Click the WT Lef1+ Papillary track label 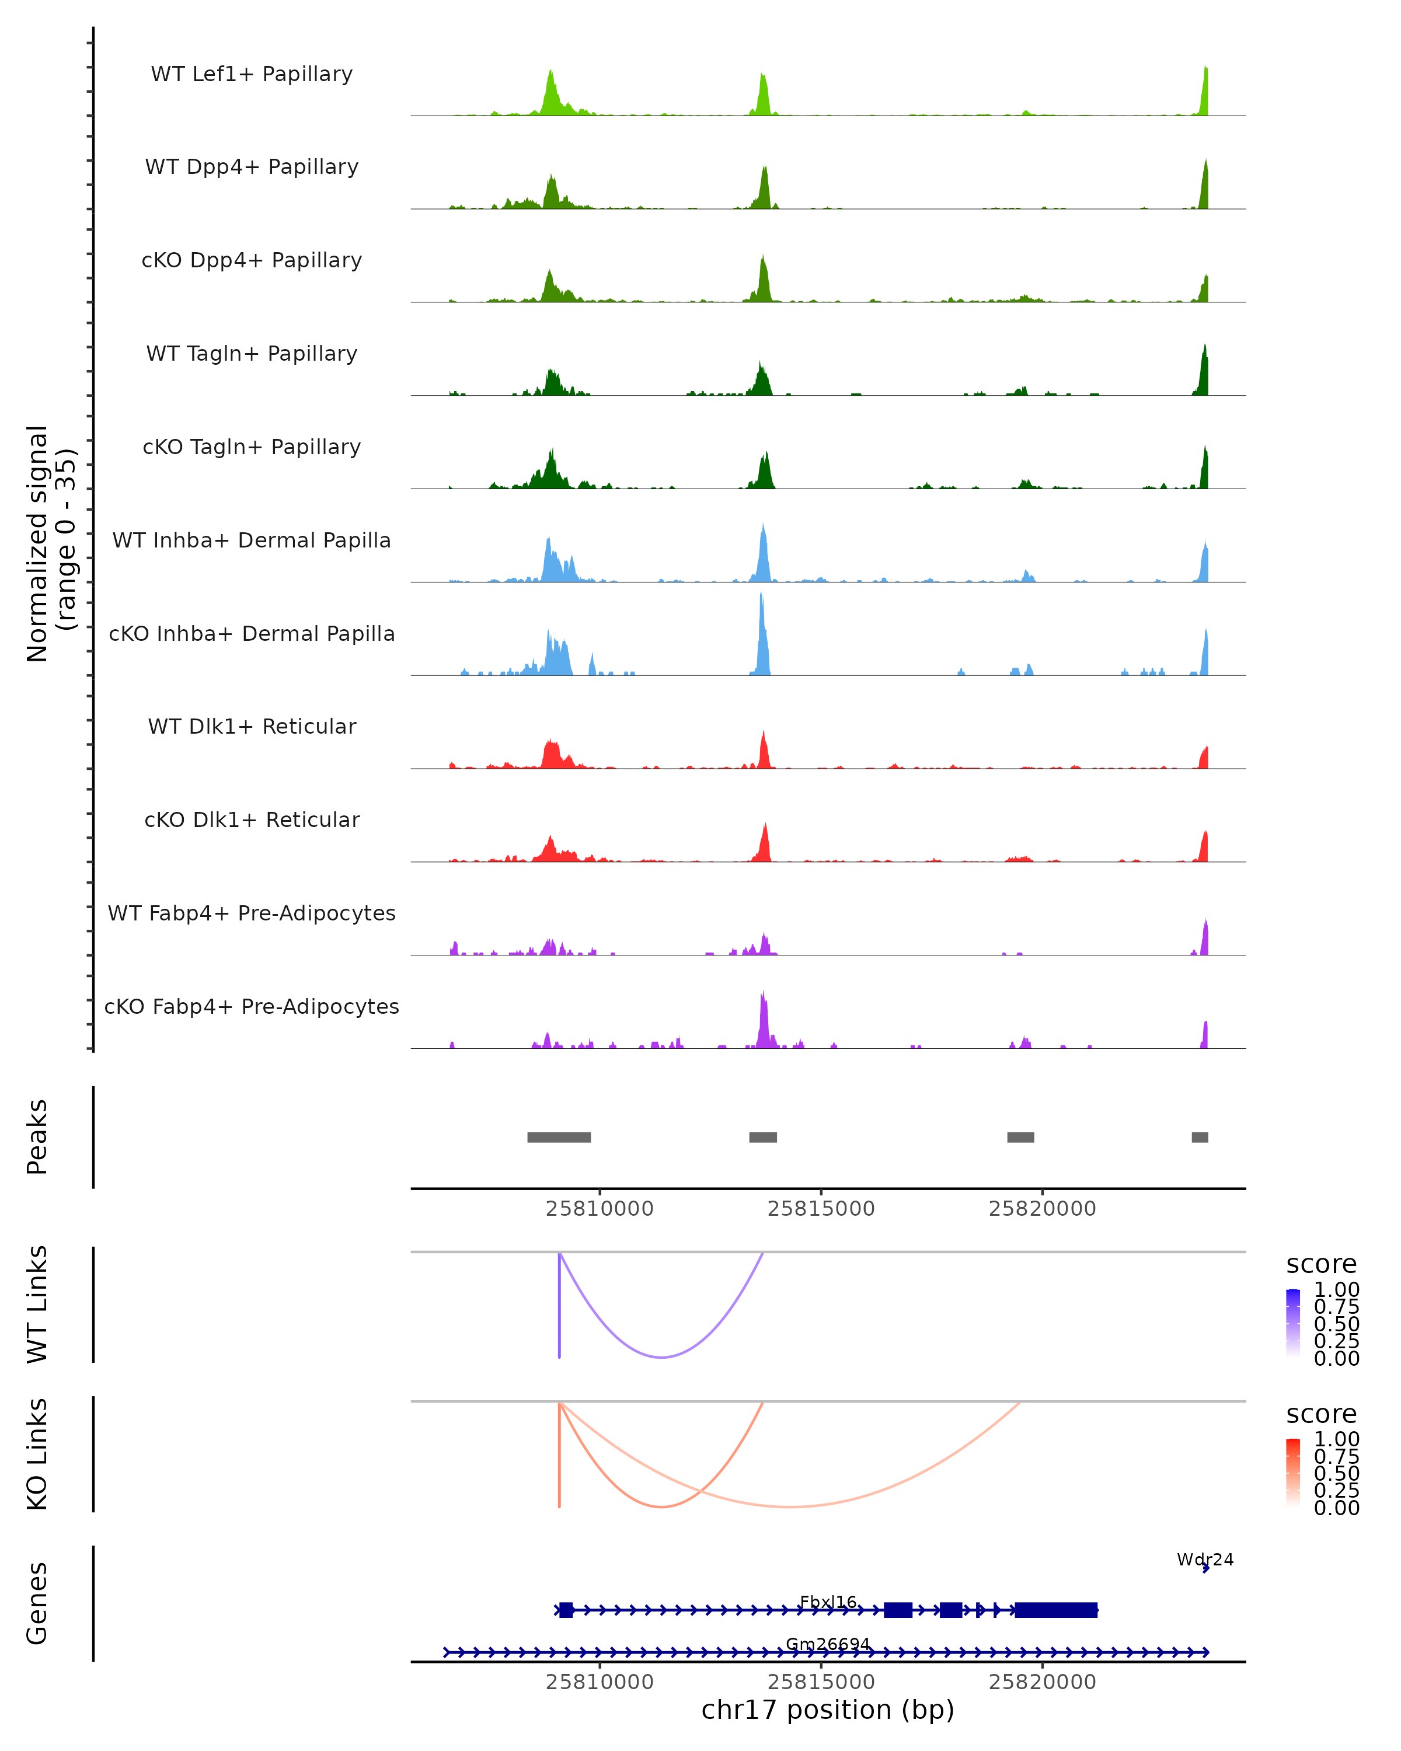(x=252, y=74)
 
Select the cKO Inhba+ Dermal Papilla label (x=252, y=633)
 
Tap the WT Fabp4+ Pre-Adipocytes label (x=252, y=913)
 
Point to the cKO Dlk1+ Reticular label (x=252, y=819)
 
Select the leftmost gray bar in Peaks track (x=559, y=1137)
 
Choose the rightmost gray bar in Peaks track (x=1200, y=1137)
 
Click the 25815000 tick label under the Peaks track (x=821, y=1209)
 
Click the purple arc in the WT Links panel (x=662, y=1356)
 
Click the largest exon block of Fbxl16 (x=1056, y=1610)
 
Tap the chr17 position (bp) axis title (x=828, y=1710)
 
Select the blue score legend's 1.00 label (x=1336, y=1290)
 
